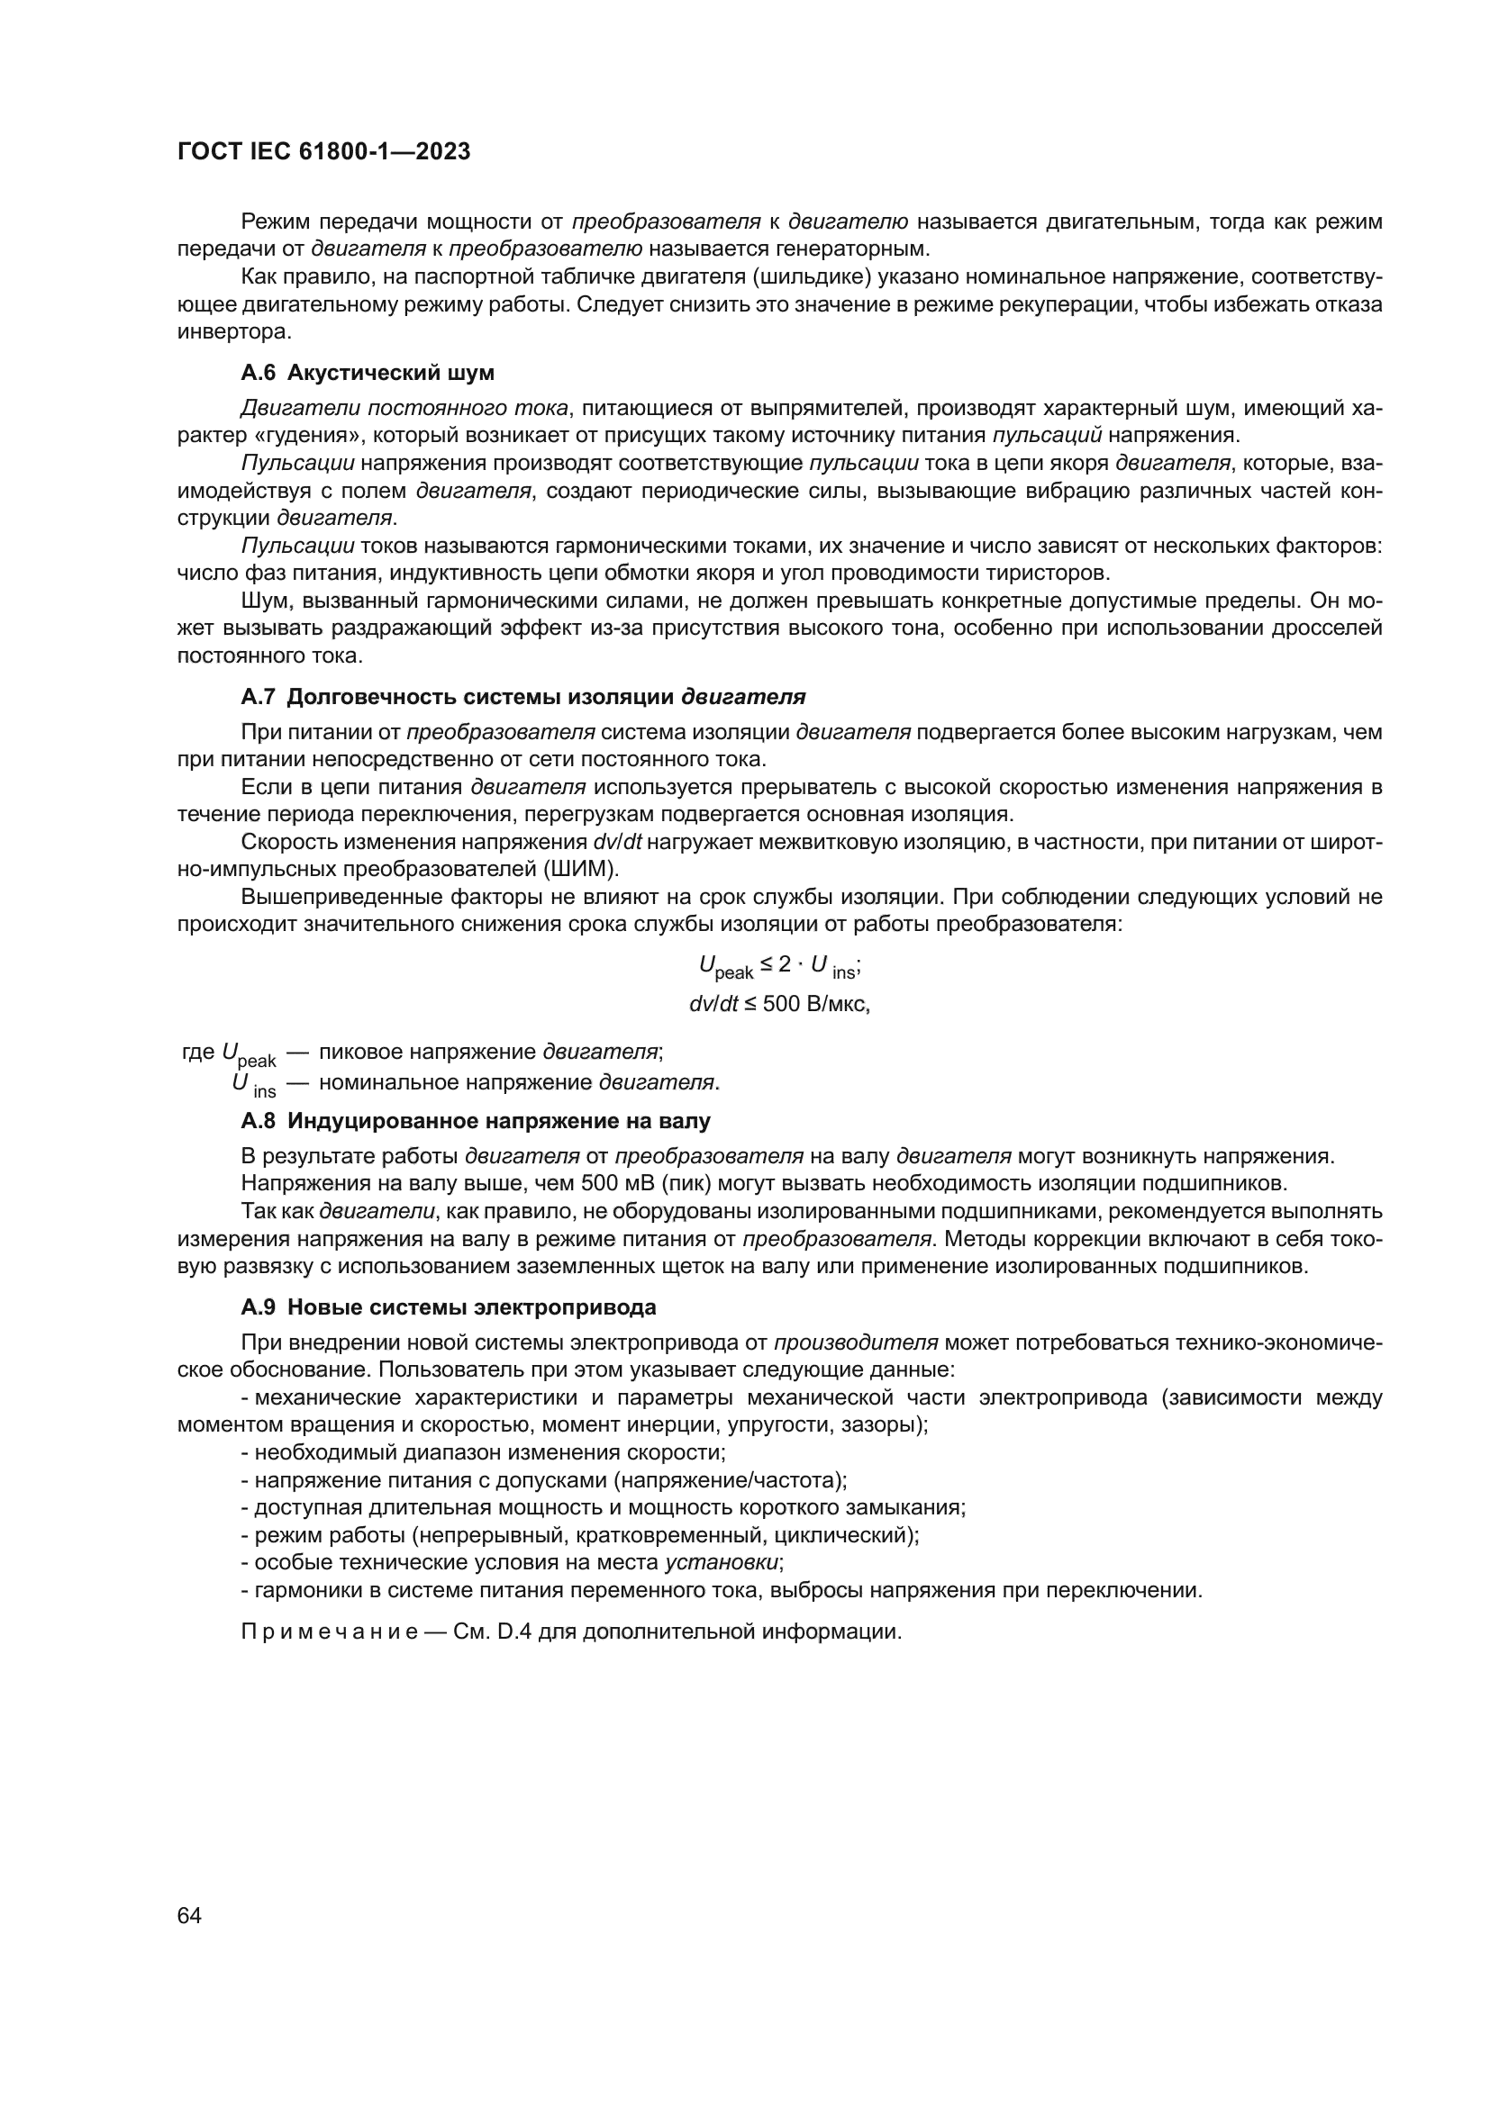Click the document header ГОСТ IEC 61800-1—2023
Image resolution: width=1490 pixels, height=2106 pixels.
324,152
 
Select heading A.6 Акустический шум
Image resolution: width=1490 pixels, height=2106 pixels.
367,374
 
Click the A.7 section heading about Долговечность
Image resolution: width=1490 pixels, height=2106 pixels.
523,697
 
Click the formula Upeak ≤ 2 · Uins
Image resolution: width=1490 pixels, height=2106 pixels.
779,966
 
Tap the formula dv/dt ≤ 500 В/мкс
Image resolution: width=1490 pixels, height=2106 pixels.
779,1005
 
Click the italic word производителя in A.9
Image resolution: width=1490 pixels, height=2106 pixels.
855,1342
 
